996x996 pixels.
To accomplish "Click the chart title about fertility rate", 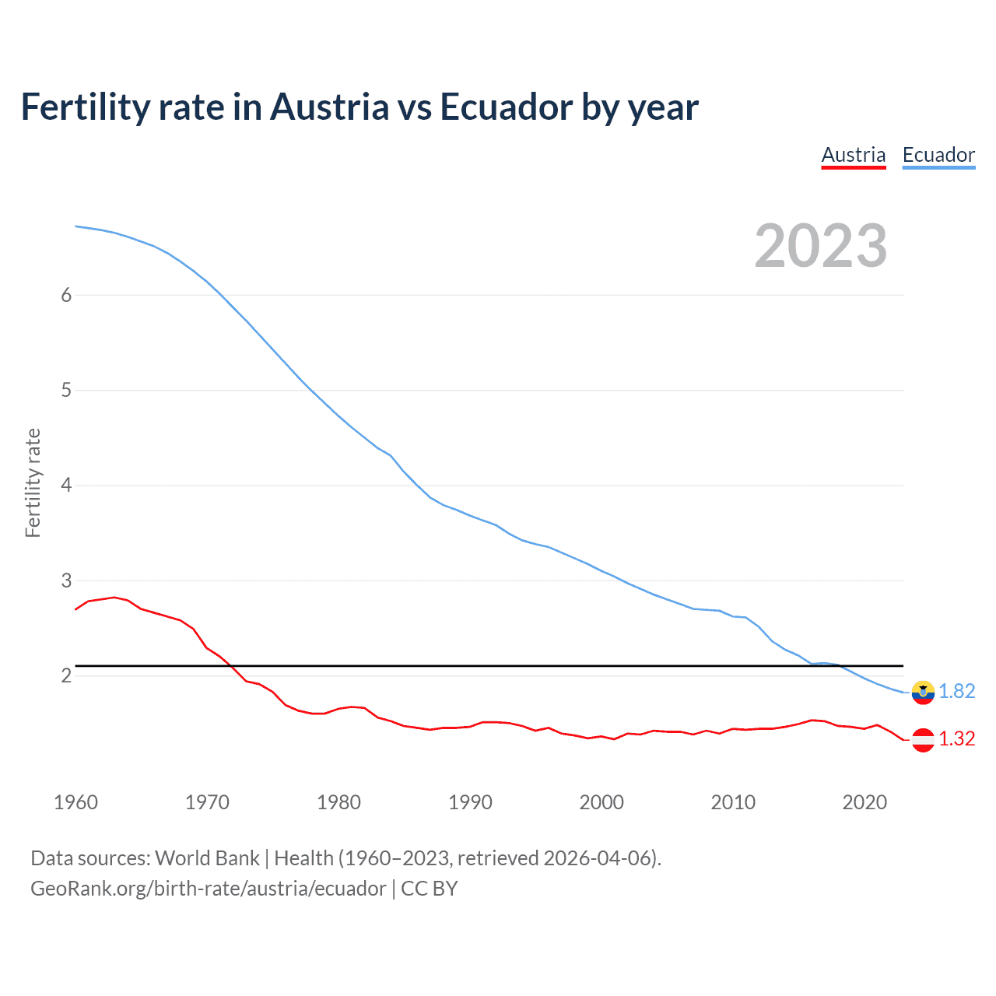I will click(359, 107).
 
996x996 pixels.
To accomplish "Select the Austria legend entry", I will click(854, 155).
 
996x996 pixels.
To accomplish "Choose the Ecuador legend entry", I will click(938, 155).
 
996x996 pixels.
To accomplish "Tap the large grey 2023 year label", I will click(821, 246).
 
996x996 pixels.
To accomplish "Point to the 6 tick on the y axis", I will click(66, 295).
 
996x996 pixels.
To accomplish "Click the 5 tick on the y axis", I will click(66, 390).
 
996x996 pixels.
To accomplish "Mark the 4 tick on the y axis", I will click(66, 486).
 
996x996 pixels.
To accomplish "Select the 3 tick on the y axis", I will click(66, 580).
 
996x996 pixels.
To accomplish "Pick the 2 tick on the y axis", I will click(66, 675).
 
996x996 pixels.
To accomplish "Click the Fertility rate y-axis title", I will click(33, 482).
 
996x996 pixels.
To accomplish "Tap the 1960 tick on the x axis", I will click(75, 802).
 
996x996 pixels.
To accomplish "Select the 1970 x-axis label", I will click(207, 802).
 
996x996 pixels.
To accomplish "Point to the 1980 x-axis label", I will click(338, 802).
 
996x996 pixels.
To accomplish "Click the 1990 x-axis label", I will click(470, 802).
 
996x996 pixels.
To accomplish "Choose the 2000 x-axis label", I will click(601, 802).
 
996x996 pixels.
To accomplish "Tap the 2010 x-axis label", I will click(733, 802).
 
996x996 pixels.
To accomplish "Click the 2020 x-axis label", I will click(864, 802).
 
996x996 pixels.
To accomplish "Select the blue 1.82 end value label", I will click(956, 691).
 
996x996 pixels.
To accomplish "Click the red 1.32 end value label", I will click(956, 738).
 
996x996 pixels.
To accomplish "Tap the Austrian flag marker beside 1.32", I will click(923, 740).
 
